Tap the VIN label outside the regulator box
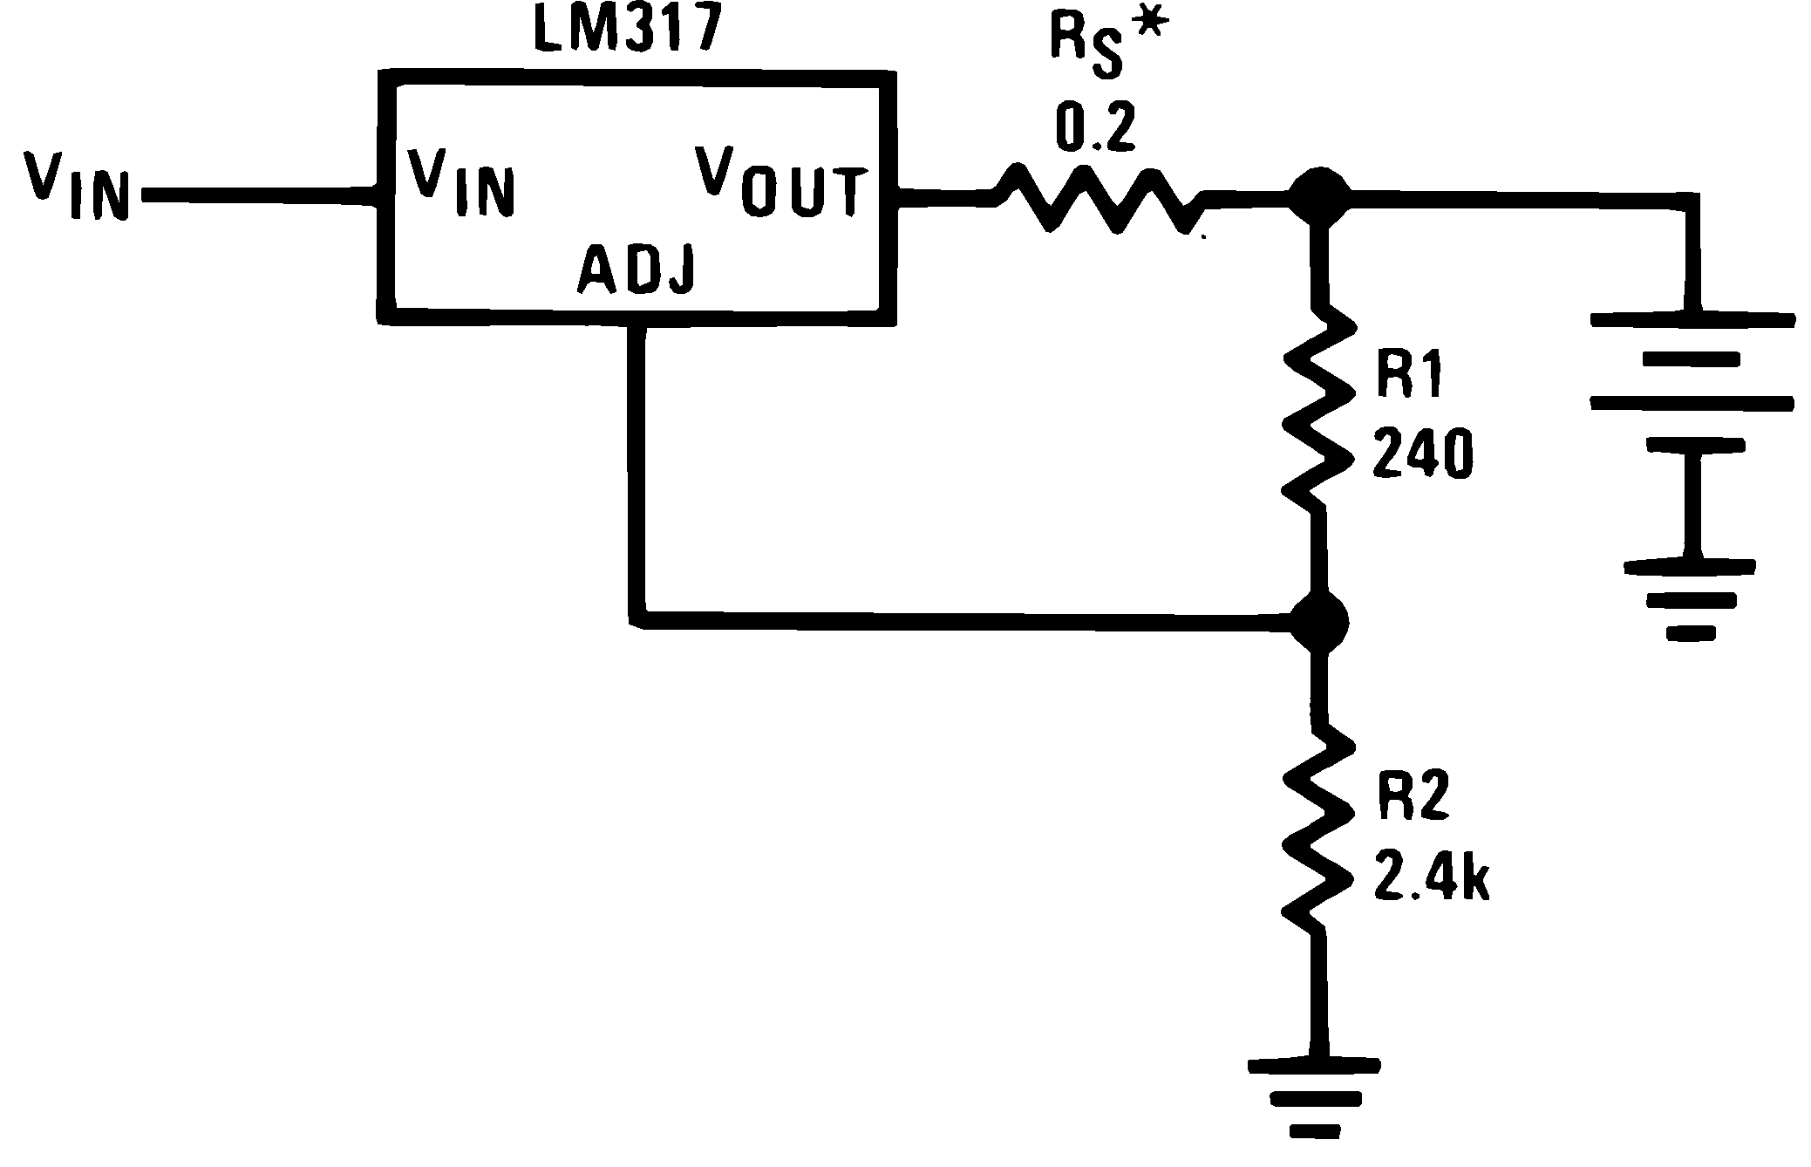[x=77, y=185]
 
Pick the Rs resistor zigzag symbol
[x=1099, y=202]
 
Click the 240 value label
[x=1422, y=454]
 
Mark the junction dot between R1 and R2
[x=1319, y=622]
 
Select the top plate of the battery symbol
[x=1692, y=320]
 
